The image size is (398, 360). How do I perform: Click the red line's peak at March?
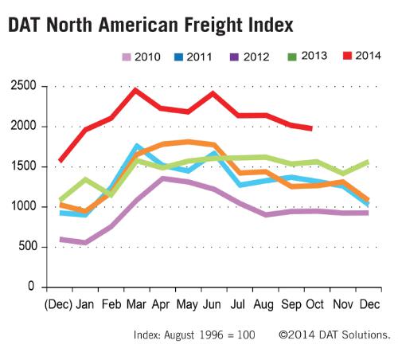pos(136,90)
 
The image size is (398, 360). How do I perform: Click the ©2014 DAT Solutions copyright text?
pos(333,335)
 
